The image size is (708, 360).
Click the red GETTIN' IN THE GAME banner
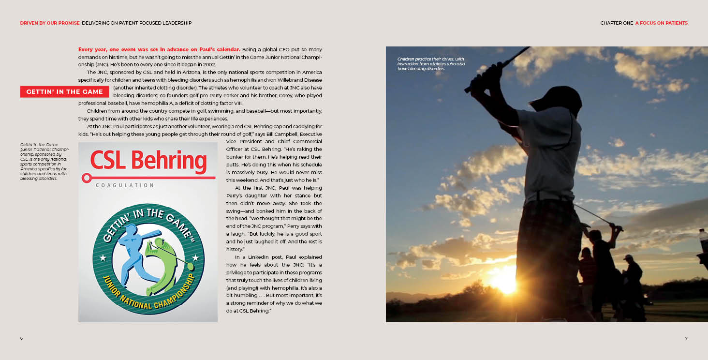tap(64, 92)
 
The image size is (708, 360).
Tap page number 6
tap(21, 338)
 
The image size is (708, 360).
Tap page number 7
tap(686, 338)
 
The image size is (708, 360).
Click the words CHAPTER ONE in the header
tap(616, 23)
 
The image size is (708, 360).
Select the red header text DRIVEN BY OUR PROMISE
tap(50, 23)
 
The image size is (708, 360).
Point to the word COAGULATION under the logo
tap(125, 185)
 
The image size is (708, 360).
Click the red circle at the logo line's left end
tap(87, 179)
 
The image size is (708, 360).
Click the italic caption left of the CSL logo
tap(44, 162)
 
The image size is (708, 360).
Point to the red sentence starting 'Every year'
tap(159, 49)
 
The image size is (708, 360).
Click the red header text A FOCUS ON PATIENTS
tap(661, 23)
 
